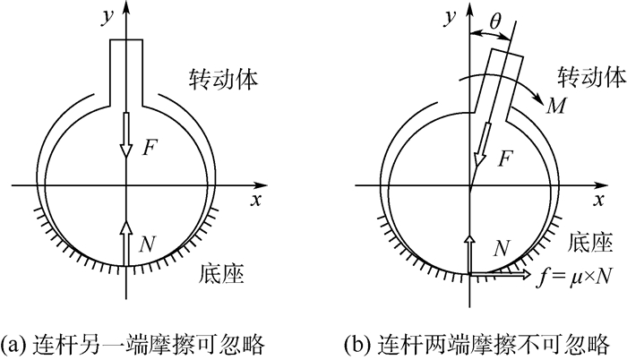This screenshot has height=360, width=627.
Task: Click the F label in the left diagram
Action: (x=150, y=149)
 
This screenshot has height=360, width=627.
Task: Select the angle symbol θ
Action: (x=494, y=18)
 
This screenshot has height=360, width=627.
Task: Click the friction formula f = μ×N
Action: (x=571, y=277)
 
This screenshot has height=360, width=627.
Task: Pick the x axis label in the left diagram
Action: (x=256, y=201)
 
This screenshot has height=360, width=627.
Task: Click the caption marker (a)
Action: (x=17, y=343)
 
